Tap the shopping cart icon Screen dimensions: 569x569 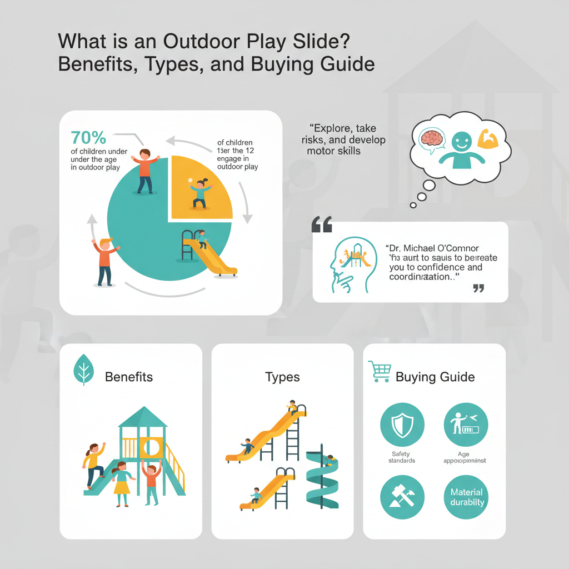(x=379, y=371)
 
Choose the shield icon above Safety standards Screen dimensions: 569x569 (x=402, y=425)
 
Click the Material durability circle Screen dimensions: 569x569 (x=466, y=497)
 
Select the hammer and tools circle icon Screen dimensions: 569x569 (x=402, y=497)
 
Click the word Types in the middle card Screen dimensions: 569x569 (x=282, y=377)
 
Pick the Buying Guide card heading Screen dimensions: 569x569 (x=435, y=377)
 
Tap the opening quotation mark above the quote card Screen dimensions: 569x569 (x=322, y=224)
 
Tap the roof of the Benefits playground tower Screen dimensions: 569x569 (x=143, y=417)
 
